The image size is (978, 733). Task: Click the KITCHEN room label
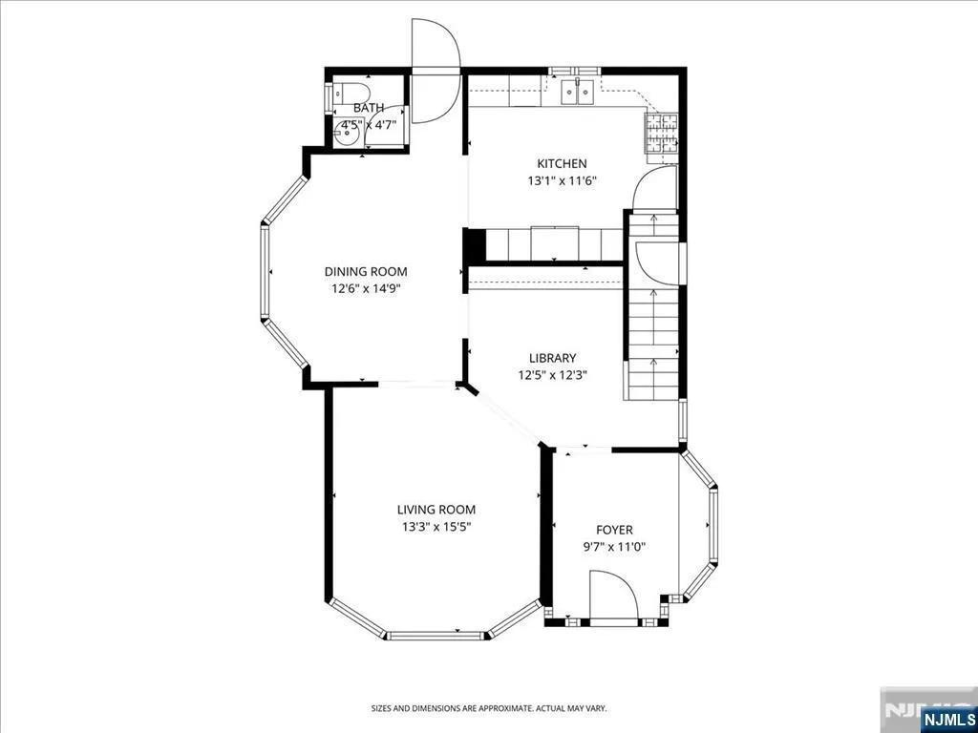coord(562,164)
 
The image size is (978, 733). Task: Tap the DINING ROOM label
coord(366,272)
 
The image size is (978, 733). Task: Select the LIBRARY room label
coord(553,359)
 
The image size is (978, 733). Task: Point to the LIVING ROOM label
coord(436,510)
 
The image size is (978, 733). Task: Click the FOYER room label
coord(614,531)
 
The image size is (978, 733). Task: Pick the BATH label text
coord(369,109)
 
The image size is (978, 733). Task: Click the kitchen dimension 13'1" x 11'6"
coord(563,182)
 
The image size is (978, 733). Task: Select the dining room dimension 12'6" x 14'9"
coord(366,289)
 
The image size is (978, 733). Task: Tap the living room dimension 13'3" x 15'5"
coord(436,527)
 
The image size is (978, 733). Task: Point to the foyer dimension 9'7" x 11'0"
coord(614,548)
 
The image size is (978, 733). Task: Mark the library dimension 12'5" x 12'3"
coord(553,375)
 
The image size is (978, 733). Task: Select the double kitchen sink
coord(578,93)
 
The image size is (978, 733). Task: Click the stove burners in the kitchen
coord(661,135)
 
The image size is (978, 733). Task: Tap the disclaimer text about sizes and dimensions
coord(489,709)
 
